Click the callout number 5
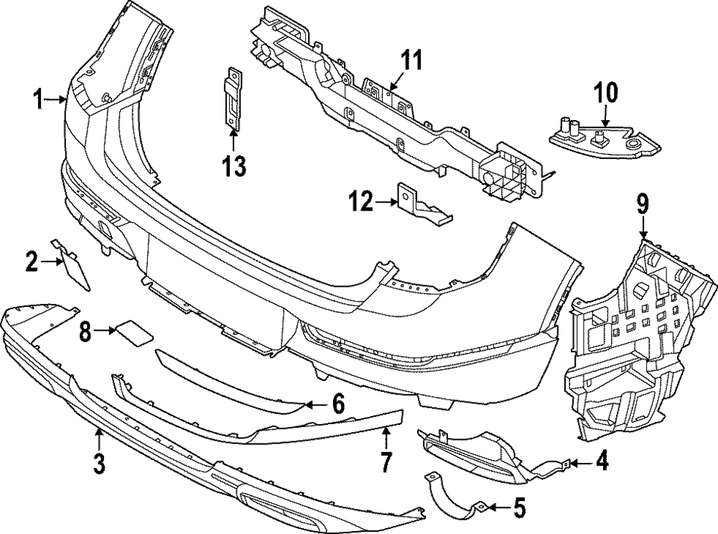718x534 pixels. click(519, 509)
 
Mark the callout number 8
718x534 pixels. click(85, 331)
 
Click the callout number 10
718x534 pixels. click(605, 93)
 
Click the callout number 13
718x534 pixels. click(234, 166)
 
